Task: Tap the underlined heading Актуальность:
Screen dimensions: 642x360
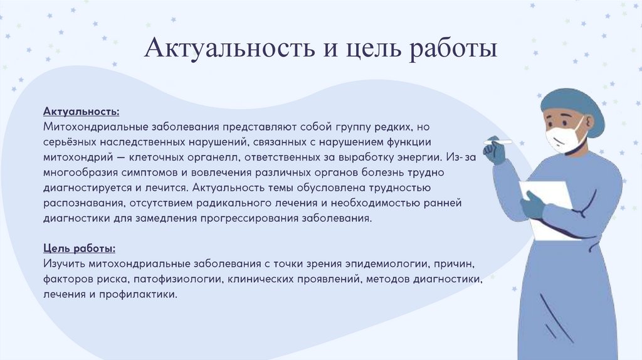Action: (81, 112)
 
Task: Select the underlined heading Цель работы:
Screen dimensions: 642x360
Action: (79, 248)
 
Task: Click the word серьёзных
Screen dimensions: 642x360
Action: (70, 142)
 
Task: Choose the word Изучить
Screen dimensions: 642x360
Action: (64, 264)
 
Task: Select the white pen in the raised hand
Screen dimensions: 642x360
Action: (497, 142)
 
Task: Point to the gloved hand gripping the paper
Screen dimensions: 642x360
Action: (532, 206)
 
